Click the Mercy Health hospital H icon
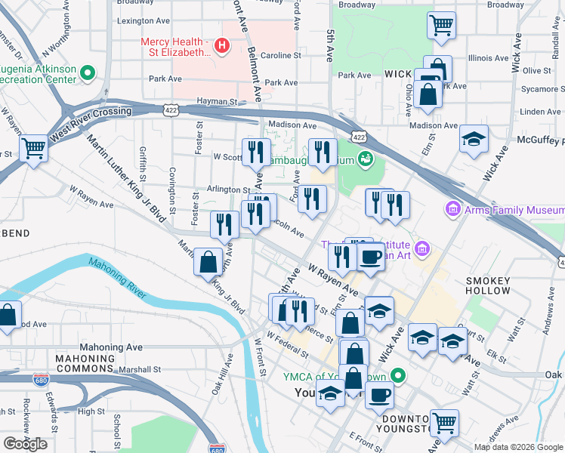pyautogui.click(x=221, y=46)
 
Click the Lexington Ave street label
pyautogui.click(x=143, y=21)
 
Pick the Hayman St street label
pyautogui.click(x=217, y=101)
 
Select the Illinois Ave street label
pyautogui.click(x=489, y=57)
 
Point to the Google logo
pyautogui.click(x=25, y=443)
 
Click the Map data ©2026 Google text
pyautogui.click(x=517, y=446)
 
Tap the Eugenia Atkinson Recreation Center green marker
pyautogui.click(x=88, y=73)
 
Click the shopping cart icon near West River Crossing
pyautogui.click(x=33, y=147)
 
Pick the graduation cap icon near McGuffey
pyautogui.click(x=474, y=140)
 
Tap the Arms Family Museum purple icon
pyautogui.click(x=454, y=208)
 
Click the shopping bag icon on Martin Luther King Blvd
pyautogui.click(x=208, y=262)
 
